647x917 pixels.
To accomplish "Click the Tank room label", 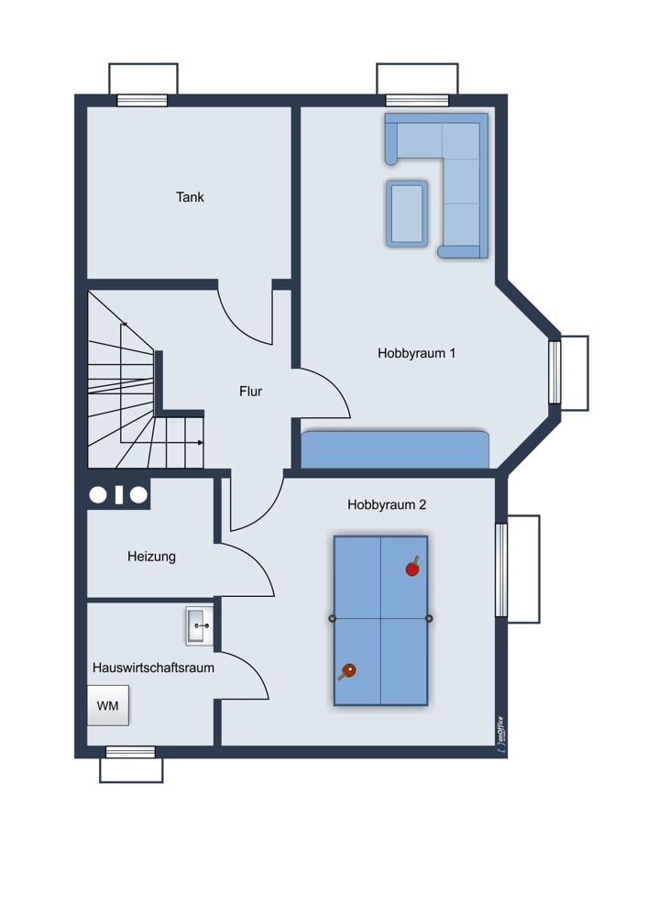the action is [190, 197].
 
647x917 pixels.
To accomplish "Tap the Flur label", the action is [251, 392].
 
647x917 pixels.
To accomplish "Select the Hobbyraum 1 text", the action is [416, 353].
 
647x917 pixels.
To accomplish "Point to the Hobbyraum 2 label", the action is [387, 504].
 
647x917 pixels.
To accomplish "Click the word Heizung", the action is [151, 557].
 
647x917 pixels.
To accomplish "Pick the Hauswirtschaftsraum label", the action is [153, 668].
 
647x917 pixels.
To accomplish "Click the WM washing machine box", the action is [107, 706].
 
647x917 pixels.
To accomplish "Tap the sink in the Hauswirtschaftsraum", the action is [200, 625].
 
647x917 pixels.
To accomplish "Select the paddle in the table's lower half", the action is [347, 671].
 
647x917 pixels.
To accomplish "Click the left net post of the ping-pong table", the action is [332, 618].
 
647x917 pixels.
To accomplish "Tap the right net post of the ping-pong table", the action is [430, 618].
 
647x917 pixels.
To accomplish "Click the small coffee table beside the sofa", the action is [407, 214].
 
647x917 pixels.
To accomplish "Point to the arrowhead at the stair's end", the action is [201, 443].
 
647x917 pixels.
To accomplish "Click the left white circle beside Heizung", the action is [98, 495].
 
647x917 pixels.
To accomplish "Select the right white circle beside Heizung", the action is [138, 495].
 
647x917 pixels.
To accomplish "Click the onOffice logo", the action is [500, 731].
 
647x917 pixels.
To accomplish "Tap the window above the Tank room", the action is [143, 100].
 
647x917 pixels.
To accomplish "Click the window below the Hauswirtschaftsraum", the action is [130, 752].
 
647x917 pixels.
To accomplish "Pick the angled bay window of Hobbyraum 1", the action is [554, 372].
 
